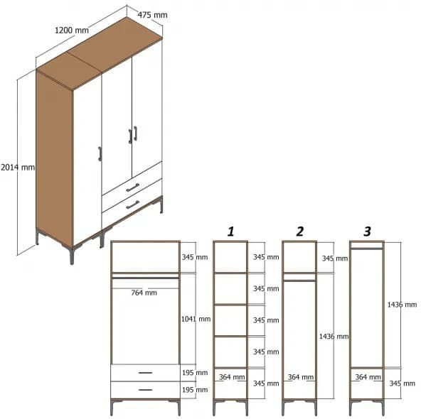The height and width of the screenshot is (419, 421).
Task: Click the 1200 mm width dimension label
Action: (72, 31)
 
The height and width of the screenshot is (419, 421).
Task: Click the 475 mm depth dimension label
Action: (153, 14)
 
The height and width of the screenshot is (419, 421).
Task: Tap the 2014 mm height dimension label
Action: (17, 168)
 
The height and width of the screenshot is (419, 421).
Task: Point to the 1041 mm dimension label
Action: (196, 319)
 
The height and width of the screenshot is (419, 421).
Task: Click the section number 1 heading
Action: (230, 232)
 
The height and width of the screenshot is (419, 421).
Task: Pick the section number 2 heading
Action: (299, 232)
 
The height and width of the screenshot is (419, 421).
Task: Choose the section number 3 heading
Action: (367, 232)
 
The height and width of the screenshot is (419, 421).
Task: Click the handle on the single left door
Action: (100, 155)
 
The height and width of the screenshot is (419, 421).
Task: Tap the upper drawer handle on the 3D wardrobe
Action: (132, 187)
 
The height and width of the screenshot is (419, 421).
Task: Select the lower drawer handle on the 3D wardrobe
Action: (132, 205)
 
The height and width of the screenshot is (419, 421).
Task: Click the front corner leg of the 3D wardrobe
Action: (72, 254)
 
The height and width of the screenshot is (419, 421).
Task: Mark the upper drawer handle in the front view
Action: (144, 373)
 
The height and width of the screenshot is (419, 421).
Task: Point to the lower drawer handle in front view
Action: (144, 389)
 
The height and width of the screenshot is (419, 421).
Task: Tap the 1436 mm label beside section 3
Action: (402, 304)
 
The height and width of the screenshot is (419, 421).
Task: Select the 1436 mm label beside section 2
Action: (334, 336)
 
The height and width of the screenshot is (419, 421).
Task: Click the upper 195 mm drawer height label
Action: (196, 373)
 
